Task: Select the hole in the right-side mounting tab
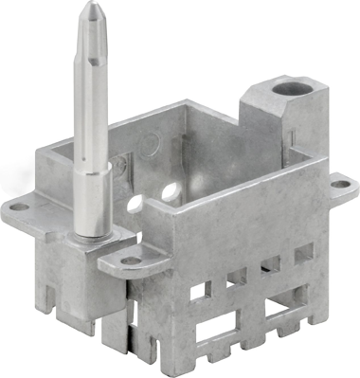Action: tap(337, 184)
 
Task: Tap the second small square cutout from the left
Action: tap(237, 276)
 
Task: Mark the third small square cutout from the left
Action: tap(272, 262)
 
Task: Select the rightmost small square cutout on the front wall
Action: tap(303, 251)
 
